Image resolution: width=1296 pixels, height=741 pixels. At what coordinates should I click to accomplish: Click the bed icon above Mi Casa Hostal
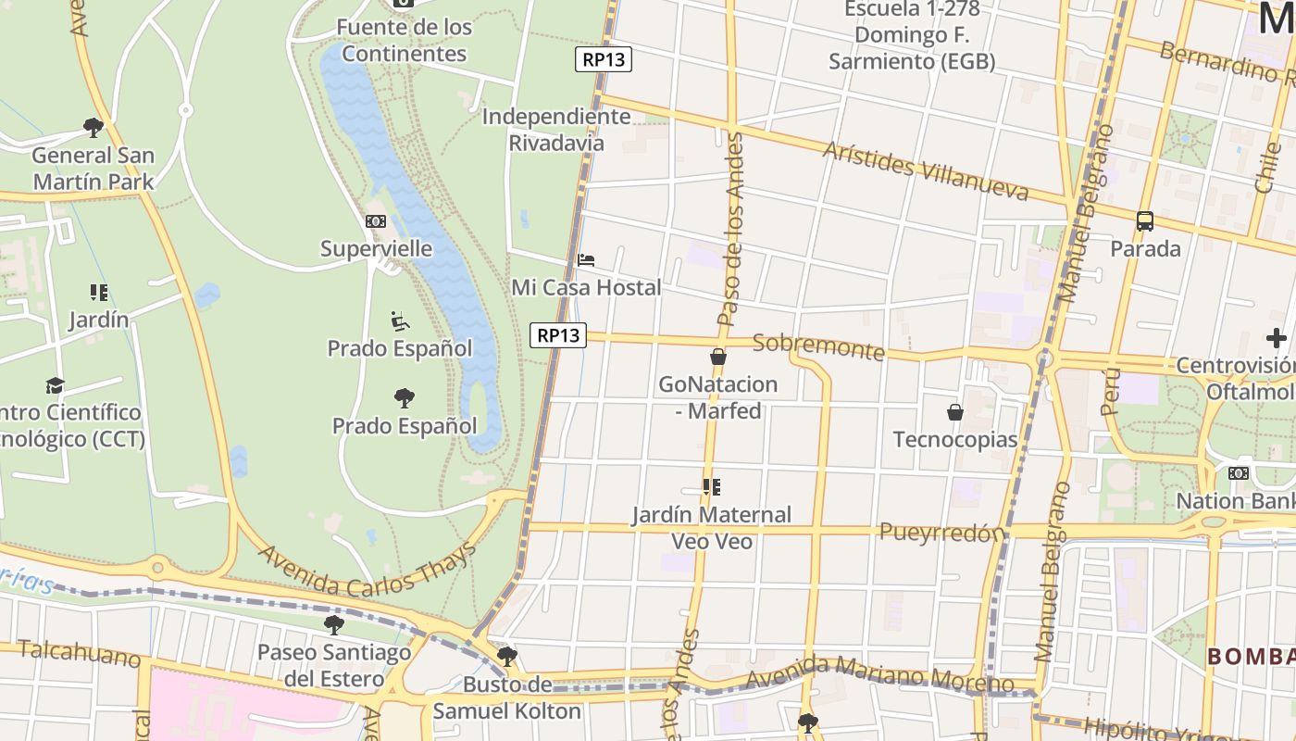[x=586, y=260]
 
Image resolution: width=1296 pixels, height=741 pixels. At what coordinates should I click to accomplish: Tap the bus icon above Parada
[x=1145, y=221]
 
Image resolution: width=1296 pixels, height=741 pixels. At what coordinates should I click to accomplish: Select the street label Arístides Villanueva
[x=925, y=171]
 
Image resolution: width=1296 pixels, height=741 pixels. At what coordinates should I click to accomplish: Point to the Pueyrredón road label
[x=941, y=533]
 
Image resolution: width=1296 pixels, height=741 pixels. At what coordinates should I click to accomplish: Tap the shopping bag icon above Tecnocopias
[x=955, y=412]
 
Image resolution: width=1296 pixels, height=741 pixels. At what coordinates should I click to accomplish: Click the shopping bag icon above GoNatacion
[x=717, y=357]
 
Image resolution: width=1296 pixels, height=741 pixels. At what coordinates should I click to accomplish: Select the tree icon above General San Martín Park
[x=93, y=127]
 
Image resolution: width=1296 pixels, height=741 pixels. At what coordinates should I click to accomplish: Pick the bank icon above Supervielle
[x=376, y=221]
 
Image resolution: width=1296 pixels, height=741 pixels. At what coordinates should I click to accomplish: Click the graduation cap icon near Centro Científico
[x=56, y=385]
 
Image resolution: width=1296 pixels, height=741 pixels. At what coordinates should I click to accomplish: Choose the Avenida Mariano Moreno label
[x=879, y=675]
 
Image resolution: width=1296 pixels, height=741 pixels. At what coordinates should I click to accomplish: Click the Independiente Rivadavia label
[x=556, y=130]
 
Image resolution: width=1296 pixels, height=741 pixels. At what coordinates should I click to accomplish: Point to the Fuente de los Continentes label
[x=404, y=41]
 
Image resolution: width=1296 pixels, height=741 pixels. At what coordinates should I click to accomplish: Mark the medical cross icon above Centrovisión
[x=1277, y=338]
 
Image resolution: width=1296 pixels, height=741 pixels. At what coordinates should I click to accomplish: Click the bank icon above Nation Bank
[x=1238, y=473]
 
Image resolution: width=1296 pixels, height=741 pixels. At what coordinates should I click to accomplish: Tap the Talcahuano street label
[x=80, y=654]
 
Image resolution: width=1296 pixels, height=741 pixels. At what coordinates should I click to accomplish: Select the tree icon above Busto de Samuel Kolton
[x=506, y=657]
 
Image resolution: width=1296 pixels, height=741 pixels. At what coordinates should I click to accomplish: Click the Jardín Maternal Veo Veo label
[x=711, y=527]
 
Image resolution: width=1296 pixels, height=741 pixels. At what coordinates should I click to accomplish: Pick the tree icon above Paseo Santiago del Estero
[x=334, y=624]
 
